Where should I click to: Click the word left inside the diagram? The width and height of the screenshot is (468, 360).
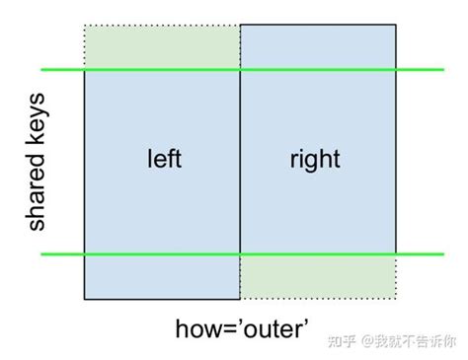(163, 159)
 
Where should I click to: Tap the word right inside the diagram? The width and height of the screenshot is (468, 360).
(316, 159)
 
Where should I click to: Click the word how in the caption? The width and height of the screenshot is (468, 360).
(195, 327)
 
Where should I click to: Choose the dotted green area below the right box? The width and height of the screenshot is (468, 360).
(318, 277)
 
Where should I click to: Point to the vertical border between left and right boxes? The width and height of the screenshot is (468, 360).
(240, 163)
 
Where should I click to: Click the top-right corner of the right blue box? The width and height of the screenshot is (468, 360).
(397, 26)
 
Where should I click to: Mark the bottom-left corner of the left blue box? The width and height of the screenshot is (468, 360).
(85, 299)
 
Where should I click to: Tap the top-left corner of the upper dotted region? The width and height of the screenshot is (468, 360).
(85, 26)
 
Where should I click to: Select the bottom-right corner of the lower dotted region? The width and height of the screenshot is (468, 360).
(397, 299)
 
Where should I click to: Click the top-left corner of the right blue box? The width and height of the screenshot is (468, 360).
(240, 26)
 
